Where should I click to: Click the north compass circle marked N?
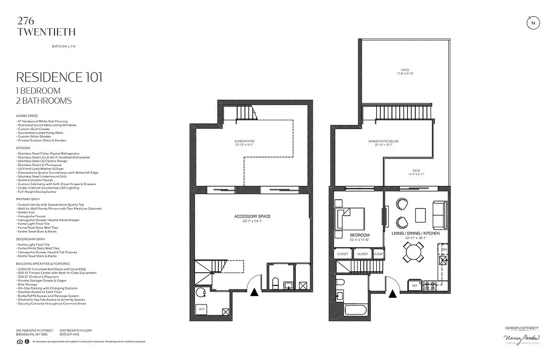tap(533, 23)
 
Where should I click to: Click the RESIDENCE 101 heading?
tap(59, 77)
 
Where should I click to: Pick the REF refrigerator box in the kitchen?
tap(414, 285)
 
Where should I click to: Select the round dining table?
tap(413, 252)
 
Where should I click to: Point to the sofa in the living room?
tap(439, 215)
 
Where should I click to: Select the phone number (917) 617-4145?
tap(70, 334)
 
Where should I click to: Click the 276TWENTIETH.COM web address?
tap(76, 330)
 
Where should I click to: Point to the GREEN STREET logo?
tap(521, 328)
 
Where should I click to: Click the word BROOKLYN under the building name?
tap(63, 46)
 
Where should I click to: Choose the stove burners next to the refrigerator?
tap(431, 285)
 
